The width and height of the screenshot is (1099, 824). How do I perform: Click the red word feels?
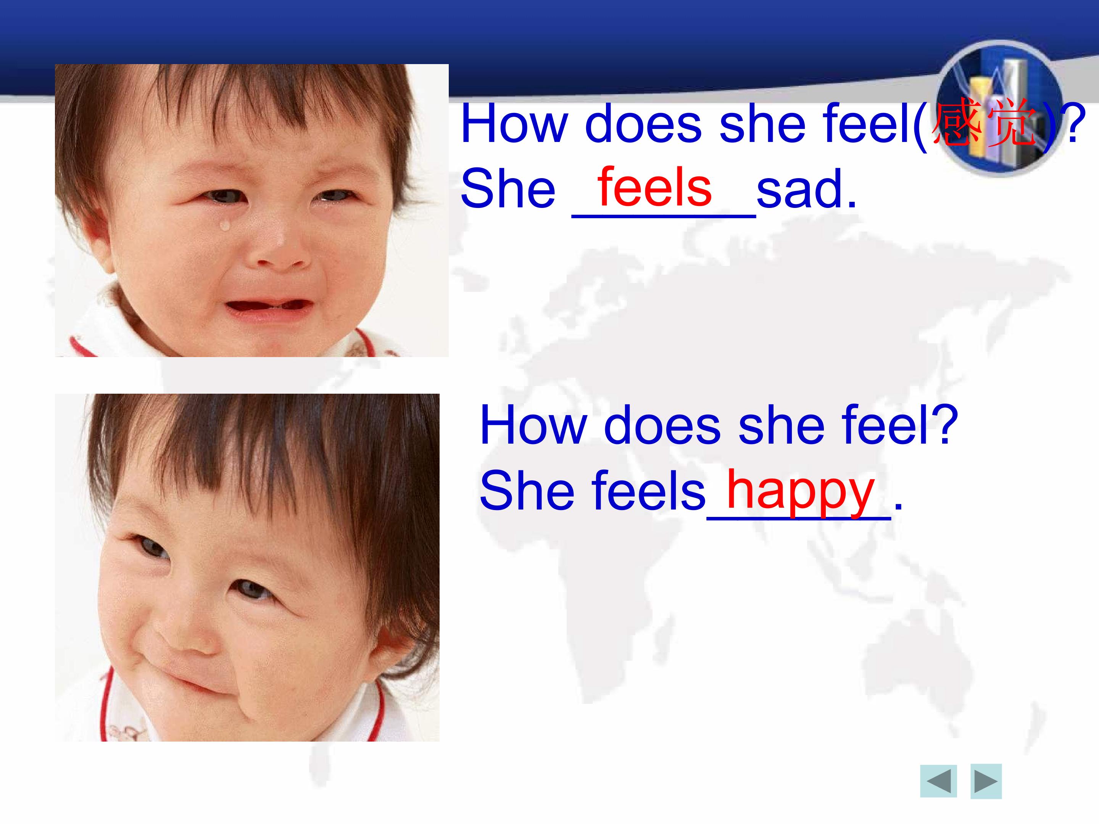pyautogui.click(x=654, y=188)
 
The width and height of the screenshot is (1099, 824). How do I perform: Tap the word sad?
pyautogui.click(x=806, y=190)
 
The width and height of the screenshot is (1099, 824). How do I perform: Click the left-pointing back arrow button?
pyautogui.click(x=938, y=782)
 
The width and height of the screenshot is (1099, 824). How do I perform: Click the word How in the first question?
pyautogui.click(x=515, y=124)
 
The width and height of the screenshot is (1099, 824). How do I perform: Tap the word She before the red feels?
pyautogui.click(x=508, y=190)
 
